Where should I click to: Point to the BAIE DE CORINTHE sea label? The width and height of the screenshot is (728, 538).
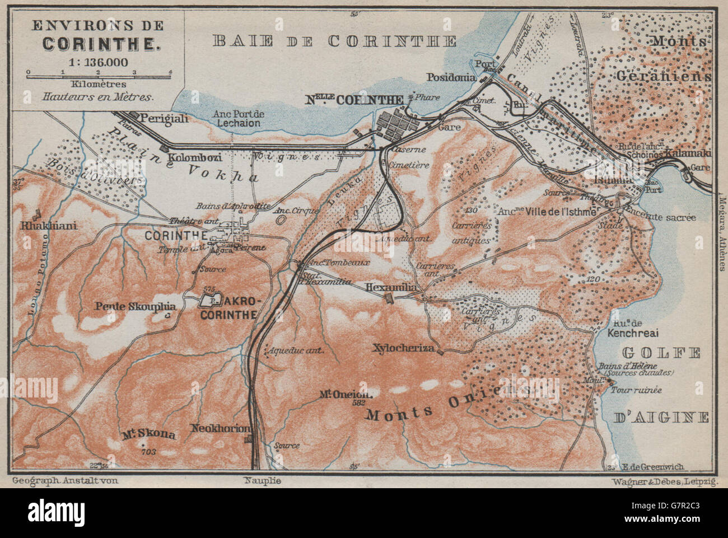point(334,41)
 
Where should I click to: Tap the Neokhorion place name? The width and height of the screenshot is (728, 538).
point(220,428)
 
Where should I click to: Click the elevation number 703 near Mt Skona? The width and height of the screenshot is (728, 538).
point(148,451)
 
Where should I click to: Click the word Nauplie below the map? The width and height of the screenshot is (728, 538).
point(263,480)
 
